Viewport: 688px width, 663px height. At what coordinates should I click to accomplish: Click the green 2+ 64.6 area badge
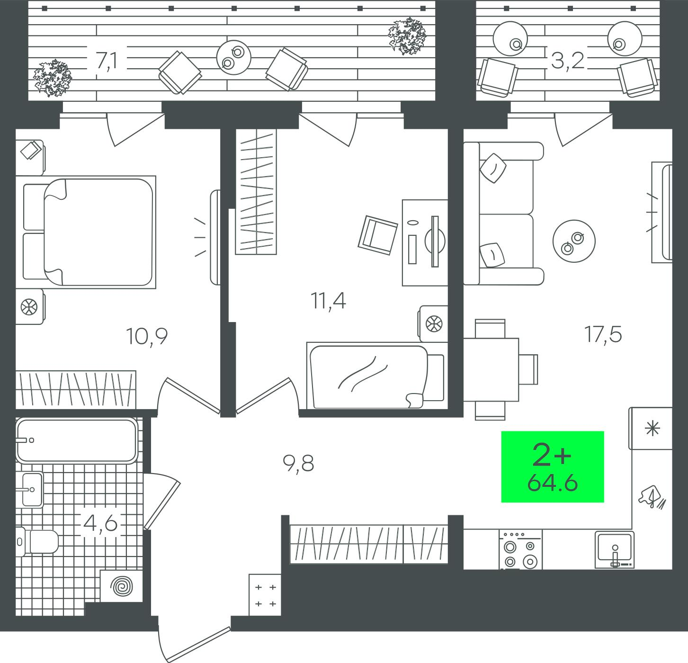point(552,466)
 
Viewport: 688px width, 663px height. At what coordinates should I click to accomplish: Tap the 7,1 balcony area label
point(107,61)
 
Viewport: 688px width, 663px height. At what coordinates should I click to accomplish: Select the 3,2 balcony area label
point(567,61)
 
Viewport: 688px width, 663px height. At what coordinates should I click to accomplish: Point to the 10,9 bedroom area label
point(147,337)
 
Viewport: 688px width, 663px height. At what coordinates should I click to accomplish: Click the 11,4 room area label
point(328,301)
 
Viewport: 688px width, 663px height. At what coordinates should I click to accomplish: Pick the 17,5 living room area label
point(604,334)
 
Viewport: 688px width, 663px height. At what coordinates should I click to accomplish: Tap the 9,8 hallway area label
point(298,464)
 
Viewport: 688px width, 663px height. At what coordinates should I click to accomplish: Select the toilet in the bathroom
point(37,541)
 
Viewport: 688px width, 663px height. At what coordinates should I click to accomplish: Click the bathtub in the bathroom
point(77,440)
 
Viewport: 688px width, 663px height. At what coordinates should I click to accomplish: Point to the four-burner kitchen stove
point(520,549)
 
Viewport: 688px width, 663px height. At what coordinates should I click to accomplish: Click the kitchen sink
point(615,549)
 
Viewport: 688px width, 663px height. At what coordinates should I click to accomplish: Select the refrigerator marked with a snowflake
point(650,428)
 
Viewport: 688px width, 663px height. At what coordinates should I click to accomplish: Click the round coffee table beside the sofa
point(574,241)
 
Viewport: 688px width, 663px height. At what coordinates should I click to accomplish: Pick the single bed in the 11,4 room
point(376,376)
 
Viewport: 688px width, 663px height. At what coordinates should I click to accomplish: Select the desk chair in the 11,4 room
point(377,235)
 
